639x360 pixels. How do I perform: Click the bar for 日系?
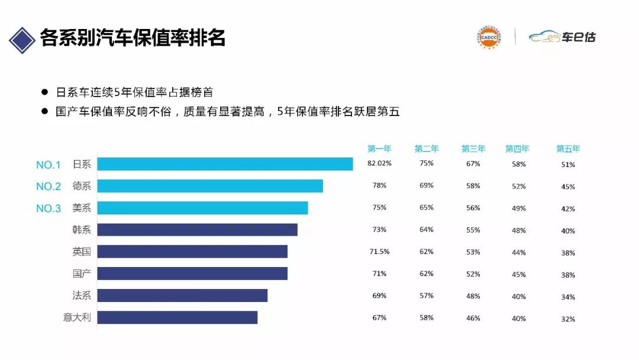tap(225, 164)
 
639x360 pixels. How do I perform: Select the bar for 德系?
tap(210, 186)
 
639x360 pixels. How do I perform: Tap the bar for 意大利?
tap(177, 317)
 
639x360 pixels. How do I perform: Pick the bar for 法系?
tap(182, 295)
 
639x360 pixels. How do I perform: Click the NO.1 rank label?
tap(49, 165)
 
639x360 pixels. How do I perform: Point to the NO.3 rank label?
tap(49, 208)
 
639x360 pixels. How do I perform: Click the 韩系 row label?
tap(82, 230)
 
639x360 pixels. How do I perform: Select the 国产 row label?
tap(82, 274)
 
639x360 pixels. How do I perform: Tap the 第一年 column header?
tap(379, 149)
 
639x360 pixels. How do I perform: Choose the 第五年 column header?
tap(568, 149)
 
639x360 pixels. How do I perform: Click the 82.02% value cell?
tap(379, 163)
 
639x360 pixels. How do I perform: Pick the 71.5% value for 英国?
tap(379, 251)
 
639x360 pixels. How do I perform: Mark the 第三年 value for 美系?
tap(473, 208)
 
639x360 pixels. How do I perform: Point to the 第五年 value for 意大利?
tap(568, 319)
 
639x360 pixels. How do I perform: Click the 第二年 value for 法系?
tap(427, 295)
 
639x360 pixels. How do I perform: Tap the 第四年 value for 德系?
tap(519, 186)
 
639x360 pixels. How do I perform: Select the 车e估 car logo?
tap(562, 37)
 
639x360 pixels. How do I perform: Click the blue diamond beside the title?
tap(21, 39)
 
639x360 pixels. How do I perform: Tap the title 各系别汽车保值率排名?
tap(133, 38)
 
